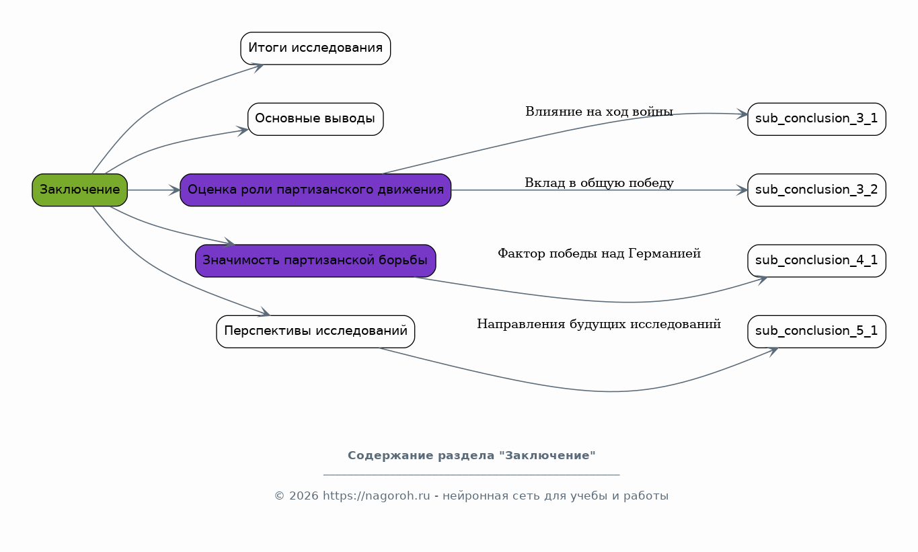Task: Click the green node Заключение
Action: click(79, 190)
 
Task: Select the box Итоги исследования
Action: click(315, 48)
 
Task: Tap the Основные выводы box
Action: click(315, 119)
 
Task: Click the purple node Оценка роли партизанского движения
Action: click(315, 190)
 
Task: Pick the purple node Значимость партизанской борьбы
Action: click(315, 260)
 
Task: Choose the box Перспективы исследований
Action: click(315, 331)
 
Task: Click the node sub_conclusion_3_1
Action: click(816, 119)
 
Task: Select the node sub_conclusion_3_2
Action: click(816, 190)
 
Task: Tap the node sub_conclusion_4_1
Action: click(816, 260)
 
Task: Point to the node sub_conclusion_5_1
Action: click(816, 331)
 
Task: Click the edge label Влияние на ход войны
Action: click(599, 112)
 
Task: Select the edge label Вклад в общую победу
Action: click(599, 183)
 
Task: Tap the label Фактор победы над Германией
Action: click(599, 253)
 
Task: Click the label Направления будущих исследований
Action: click(599, 324)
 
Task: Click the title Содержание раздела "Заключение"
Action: click(471, 456)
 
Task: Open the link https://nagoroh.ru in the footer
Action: click(376, 496)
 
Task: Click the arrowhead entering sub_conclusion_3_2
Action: click(742, 190)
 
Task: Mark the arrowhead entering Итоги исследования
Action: click(257, 66)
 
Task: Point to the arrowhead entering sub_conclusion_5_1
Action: click(773, 350)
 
